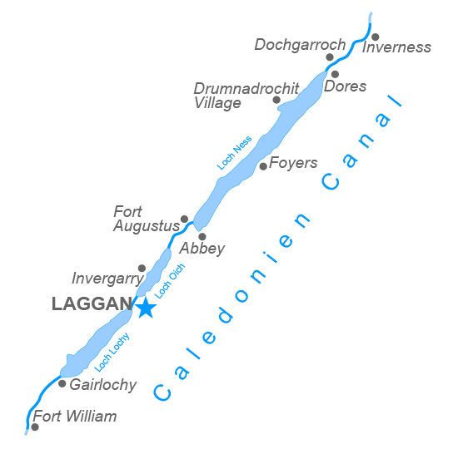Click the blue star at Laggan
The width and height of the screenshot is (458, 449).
click(x=146, y=308)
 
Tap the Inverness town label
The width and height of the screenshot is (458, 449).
click(x=397, y=47)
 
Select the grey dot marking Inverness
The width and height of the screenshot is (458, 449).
click(x=376, y=37)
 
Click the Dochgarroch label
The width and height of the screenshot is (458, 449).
click(x=300, y=44)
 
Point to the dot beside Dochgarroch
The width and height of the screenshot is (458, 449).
click(x=330, y=57)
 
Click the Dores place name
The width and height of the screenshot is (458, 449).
click(x=345, y=86)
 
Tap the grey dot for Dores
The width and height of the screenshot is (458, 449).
click(x=335, y=74)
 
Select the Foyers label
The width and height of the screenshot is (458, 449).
click(x=293, y=163)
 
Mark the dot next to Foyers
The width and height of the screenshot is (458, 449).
click(x=263, y=166)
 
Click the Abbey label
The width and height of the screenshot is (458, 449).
click(x=202, y=249)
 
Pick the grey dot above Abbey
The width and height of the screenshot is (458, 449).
click(x=202, y=236)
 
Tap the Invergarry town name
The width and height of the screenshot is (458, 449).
click(x=107, y=279)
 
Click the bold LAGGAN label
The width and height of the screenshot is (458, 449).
click(x=92, y=304)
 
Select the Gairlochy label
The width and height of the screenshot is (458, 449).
click(x=102, y=385)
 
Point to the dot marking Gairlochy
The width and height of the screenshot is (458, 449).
click(x=62, y=383)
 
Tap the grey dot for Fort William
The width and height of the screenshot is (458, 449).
click(x=35, y=427)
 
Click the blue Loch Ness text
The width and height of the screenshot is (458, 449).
click(x=235, y=154)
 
